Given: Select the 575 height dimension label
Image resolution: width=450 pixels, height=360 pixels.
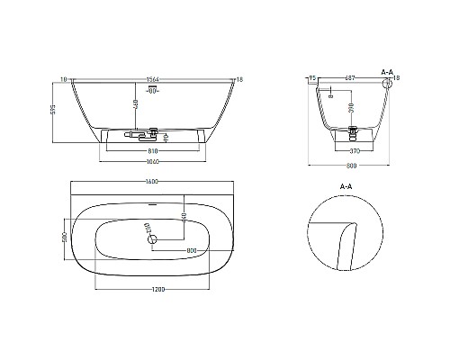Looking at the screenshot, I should pos(57,112).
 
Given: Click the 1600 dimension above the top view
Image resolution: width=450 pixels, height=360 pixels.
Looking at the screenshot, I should pos(151,182).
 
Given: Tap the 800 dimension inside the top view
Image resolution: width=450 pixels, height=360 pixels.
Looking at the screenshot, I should pos(191,250).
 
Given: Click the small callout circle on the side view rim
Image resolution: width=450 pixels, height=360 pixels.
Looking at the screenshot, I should pos(389,85).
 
